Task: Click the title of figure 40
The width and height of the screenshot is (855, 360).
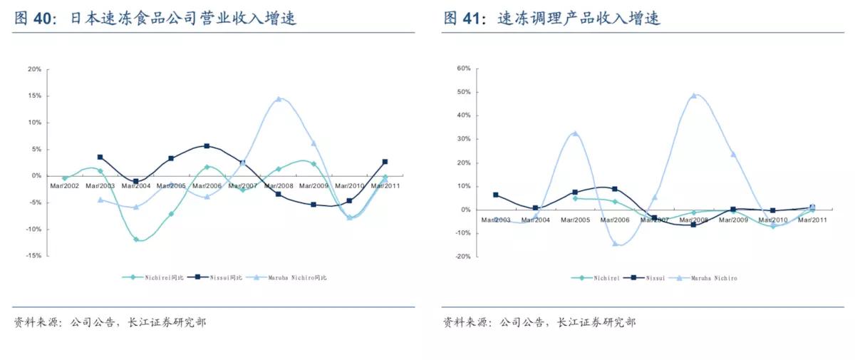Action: point(155,19)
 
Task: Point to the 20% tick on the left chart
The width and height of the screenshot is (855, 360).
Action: point(34,69)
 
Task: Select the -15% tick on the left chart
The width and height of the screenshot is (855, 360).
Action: point(33,255)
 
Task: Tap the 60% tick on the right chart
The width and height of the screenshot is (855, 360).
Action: point(464,68)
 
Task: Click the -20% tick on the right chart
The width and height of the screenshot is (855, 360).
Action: point(462,256)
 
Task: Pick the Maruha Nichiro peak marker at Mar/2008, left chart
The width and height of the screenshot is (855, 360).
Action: point(279,99)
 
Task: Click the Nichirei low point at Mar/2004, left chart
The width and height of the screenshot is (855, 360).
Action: point(136,240)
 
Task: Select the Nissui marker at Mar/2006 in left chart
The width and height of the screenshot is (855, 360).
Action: point(207,146)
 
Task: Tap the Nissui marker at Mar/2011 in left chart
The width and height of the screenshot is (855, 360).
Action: point(385,162)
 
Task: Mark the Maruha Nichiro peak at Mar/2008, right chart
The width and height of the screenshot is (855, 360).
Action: point(694,96)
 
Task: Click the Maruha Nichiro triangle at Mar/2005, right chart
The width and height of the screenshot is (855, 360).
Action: point(575,133)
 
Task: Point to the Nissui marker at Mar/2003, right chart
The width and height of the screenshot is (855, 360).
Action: point(496,195)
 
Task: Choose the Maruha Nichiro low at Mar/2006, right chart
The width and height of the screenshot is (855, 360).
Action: point(615,243)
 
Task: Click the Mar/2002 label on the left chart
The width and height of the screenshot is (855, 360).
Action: point(65,186)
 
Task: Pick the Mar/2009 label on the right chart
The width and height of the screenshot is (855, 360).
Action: point(733,220)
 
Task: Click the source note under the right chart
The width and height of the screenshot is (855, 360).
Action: point(539,323)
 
